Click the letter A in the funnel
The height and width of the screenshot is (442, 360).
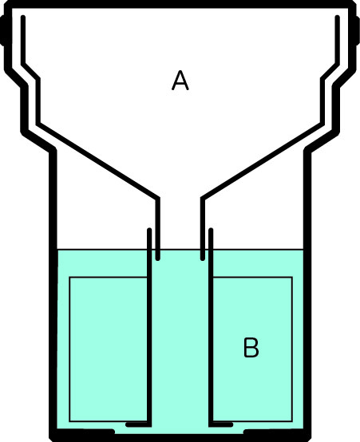[180, 81]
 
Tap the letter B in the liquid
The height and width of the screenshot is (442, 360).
[251, 348]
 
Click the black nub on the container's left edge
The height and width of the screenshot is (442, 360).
[2, 30]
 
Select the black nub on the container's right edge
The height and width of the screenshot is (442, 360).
[358, 30]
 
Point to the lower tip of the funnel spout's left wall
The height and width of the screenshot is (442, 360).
[158, 258]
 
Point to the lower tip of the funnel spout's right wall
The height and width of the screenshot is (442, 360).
[202, 258]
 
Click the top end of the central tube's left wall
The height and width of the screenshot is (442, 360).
[149, 230]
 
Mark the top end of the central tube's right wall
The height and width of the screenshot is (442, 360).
[211, 230]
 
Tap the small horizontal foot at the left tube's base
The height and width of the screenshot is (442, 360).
[136, 424]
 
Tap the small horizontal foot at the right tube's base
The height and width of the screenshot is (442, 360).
[223, 424]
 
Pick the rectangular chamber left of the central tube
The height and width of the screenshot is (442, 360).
[108, 349]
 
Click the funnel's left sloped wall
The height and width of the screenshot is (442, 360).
[98, 161]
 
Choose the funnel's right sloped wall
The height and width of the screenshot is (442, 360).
[263, 161]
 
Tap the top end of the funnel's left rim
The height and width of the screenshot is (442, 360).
[23, 18]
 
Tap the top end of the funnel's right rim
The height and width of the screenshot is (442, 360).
[337, 18]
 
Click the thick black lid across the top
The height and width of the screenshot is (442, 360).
[180, 4]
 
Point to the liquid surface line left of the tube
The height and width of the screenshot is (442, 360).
[102, 250]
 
